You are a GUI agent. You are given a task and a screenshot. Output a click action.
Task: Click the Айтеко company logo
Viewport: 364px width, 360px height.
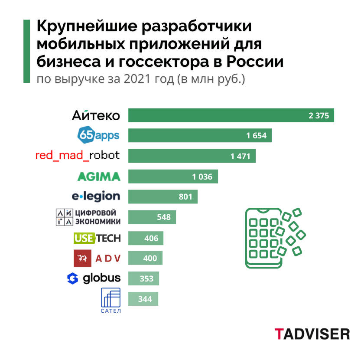point(95,116)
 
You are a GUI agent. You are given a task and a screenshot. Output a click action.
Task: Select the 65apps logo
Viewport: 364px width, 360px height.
point(98,136)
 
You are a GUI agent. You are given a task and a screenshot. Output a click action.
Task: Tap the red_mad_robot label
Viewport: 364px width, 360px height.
point(78,155)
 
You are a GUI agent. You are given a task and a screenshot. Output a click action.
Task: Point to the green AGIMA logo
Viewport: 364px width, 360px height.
point(98,177)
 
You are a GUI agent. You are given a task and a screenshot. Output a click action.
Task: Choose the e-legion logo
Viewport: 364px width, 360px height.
point(96,196)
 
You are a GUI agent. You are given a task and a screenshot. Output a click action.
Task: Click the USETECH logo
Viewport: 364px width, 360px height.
point(97,238)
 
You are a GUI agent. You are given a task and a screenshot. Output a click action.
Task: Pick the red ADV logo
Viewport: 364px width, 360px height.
point(97,259)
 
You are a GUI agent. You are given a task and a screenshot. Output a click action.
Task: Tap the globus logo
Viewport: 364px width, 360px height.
point(94,278)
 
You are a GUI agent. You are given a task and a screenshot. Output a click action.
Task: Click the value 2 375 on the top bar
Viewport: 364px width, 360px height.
point(319,116)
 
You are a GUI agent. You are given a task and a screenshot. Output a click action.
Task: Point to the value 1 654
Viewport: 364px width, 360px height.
point(256,136)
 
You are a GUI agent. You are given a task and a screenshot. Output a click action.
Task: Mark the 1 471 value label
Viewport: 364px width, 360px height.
point(240,156)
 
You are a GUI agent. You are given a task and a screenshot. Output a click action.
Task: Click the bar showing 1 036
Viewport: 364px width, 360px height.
point(173,177)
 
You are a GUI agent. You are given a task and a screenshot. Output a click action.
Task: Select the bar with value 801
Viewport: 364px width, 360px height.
point(163,196)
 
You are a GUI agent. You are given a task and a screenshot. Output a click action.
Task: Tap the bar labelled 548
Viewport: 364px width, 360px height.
point(152,217)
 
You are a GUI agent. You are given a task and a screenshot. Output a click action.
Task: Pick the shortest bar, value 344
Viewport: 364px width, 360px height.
point(143,299)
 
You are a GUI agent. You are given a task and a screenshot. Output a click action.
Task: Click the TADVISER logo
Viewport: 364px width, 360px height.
point(312,334)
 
